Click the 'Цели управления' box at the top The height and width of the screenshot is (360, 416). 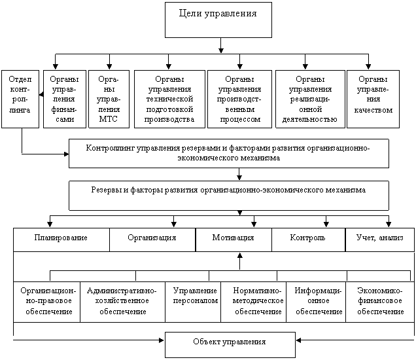pos(218,19)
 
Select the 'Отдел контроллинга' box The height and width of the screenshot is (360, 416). pos(20,98)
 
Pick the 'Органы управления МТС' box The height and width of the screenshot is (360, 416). pos(108,98)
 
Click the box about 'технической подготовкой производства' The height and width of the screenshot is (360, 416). pos(171,98)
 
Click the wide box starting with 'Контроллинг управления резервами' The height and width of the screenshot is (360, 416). pos(229,153)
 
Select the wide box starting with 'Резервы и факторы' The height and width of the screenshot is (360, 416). pos(229,195)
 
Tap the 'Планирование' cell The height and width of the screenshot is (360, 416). pos(61,240)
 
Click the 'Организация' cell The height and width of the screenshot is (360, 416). pos(152,240)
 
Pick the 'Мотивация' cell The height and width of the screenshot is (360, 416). pos(234,240)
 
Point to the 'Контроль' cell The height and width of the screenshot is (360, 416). pos(308,240)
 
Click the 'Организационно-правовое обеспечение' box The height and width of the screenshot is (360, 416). pos(46,302)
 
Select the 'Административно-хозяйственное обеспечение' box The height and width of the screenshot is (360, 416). pos(122,302)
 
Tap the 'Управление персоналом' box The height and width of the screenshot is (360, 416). pos(193,302)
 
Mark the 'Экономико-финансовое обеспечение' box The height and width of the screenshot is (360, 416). pos(380,302)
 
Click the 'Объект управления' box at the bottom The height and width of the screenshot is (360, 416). pos(230,344)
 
